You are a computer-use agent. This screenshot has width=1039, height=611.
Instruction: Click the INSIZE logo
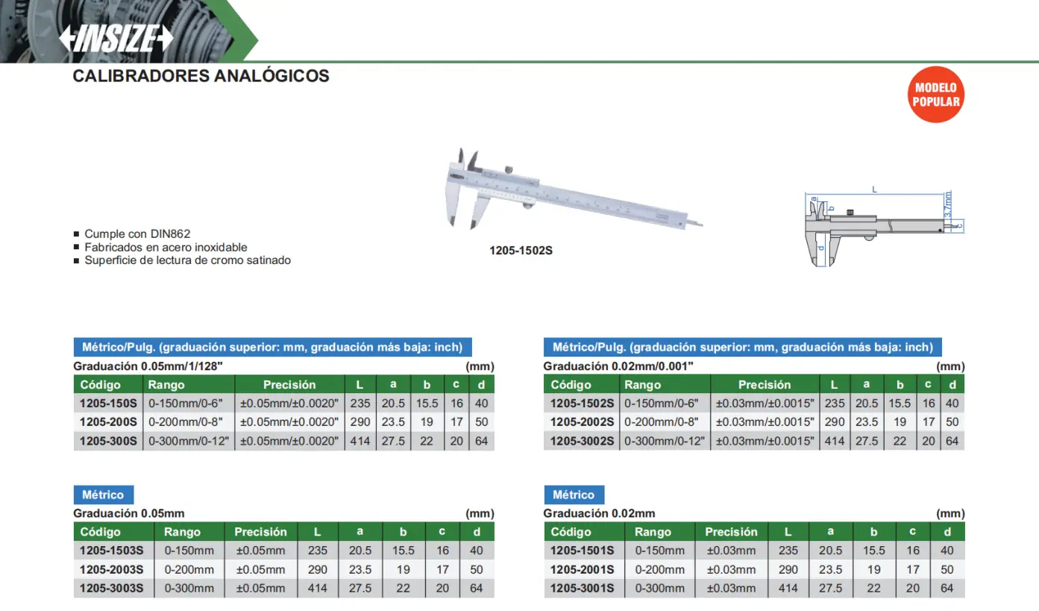(116, 38)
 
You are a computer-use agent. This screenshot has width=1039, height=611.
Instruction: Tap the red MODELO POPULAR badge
(935, 95)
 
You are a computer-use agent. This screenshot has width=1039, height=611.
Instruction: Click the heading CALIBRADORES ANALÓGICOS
(201, 75)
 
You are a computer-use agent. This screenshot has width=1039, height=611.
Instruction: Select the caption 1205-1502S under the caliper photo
(521, 251)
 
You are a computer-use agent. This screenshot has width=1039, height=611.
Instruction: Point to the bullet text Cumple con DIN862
(137, 234)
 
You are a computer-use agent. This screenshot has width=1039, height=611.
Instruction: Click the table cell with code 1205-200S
(108, 422)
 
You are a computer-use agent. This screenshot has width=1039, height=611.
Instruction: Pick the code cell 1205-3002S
(582, 441)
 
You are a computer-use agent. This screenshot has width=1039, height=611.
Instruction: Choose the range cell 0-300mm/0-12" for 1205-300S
(188, 441)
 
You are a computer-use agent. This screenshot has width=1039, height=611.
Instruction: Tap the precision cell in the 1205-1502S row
(765, 403)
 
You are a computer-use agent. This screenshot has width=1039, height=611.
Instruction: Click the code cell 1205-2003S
(111, 569)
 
